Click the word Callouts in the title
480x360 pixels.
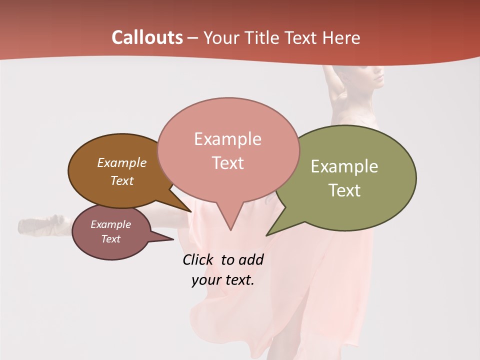(147, 37)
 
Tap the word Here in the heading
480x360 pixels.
(341, 38)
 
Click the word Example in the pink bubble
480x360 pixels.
(227, 138)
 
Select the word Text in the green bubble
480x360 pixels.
(344, 190)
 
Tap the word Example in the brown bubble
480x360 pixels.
(121, 162)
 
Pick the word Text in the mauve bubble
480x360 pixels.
(110, 239)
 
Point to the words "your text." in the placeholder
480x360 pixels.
(223, 280)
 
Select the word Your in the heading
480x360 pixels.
(220, 38)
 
